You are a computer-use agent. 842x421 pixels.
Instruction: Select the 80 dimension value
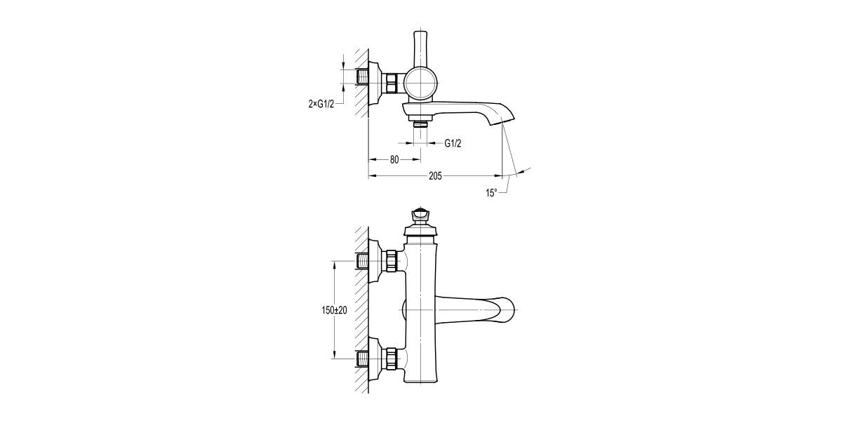click(394, 160)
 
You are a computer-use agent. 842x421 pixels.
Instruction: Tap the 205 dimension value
click(434, 177)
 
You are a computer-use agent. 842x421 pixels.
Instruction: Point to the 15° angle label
click(492, 192)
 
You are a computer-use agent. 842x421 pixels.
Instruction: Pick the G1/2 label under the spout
click(453, 143)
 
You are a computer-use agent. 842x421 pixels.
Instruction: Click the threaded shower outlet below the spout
click(420, 124)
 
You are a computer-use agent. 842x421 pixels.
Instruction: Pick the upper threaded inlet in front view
click(364, 262)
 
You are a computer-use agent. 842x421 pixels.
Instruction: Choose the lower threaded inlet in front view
click(364, 359)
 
